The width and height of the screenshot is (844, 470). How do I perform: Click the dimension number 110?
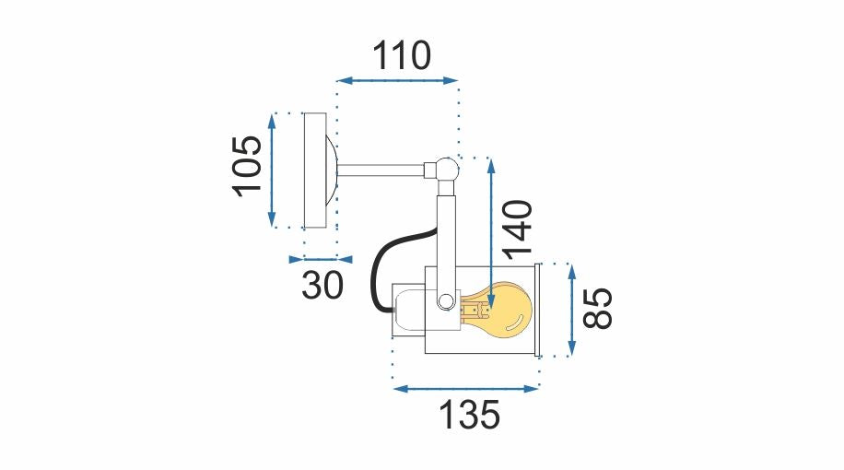pyautogui.click(x=402, y=55)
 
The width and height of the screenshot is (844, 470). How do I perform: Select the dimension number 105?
pyautogui.click(x=247, y=167)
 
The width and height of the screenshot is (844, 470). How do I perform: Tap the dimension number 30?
pyautogui.click(x=322, y=285)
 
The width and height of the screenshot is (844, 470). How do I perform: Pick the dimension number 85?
pyautogui.click(x=598, y=309)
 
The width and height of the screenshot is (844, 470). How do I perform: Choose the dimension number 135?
pyautogui.click(x=469, y=415)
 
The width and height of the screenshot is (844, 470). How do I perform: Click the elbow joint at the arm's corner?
pyautogui.click(x=444, y=170)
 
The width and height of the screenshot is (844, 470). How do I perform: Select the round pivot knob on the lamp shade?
pyautogui.click(x=446, y=301)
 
